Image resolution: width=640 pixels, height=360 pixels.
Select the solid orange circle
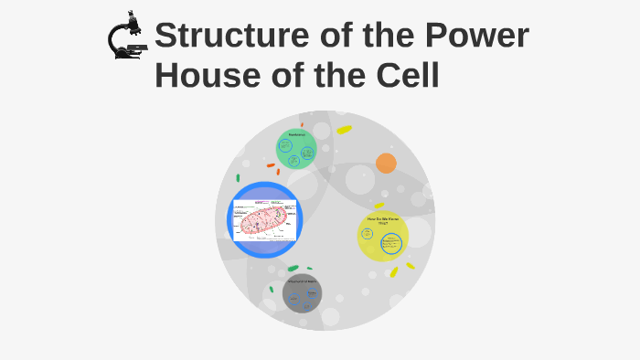tap(386, 164)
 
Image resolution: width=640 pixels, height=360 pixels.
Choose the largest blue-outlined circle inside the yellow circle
tap(391, 244)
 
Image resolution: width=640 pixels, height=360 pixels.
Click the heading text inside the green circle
tap(296, 135)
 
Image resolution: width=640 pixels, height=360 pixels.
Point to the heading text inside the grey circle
tap(302, 281)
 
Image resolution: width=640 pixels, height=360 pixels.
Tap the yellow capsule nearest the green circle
tap(344, 130)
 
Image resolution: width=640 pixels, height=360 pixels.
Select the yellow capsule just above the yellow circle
tap(379, 206)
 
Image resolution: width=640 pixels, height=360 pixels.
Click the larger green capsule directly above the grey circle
tap(293, 268)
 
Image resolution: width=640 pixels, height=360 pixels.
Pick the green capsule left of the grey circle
tap(272, 290)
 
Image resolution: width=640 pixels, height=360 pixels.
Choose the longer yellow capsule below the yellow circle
tap(394, 271)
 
